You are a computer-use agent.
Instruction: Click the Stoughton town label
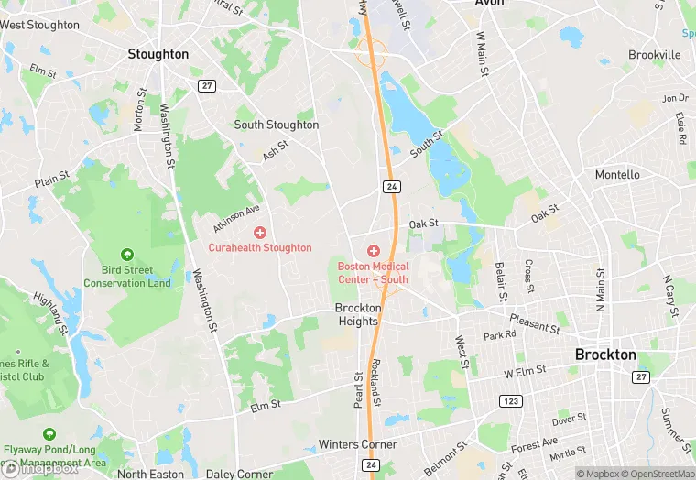point(158,54)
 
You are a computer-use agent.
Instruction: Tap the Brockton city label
point(605,355)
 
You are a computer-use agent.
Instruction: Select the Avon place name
point(490,4)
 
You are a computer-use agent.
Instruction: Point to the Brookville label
point(655,55)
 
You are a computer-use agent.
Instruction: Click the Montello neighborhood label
point(618,174)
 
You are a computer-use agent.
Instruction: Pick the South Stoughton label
point(277,125)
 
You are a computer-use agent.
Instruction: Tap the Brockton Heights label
point(357,315)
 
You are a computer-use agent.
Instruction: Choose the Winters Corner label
point(358,444)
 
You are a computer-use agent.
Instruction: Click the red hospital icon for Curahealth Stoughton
point(260,233)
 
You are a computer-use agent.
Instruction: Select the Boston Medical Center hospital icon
point(373,250)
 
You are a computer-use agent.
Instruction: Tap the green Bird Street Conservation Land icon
point(127,255)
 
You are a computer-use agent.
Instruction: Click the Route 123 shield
point(510,401)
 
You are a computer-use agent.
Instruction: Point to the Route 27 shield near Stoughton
point(207,85)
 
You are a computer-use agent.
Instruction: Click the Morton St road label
point(141,110)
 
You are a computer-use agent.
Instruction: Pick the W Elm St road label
point(525,371)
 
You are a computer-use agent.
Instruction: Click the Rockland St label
point(376,383)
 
